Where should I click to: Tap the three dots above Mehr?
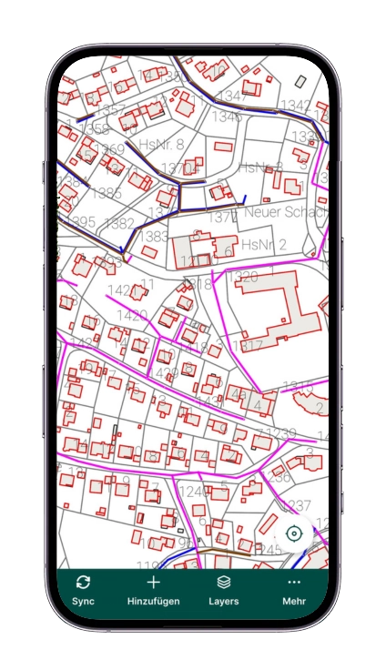(293, 582)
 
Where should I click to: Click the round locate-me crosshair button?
(293, 533)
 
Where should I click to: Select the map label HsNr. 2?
(264, 245)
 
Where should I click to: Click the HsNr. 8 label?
(161, 145)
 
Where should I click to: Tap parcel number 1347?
(233, 96)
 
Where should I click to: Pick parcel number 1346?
(228, 117)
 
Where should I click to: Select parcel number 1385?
(107, 193)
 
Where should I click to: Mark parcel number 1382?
(119, 223)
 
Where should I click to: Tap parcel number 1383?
(154, 237)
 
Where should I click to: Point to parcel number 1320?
(242, 277)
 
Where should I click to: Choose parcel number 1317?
(247, 346)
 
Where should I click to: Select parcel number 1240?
(192, 492)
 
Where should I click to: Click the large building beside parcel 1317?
(273, 310)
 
